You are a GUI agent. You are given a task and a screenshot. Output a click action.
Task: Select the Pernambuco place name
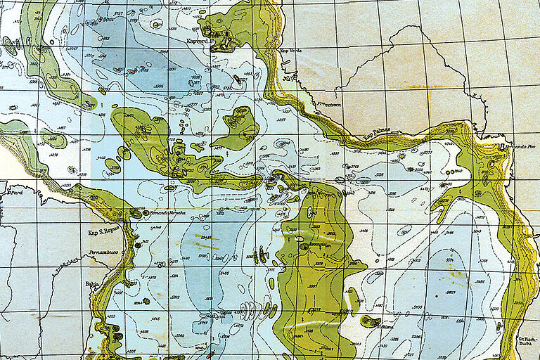point(102,251)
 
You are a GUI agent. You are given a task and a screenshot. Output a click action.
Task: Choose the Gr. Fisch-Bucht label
point(527,341)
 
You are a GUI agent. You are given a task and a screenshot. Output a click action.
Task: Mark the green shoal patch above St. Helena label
point(370,321)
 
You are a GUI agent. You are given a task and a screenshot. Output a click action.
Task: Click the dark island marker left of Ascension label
point(302,246)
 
